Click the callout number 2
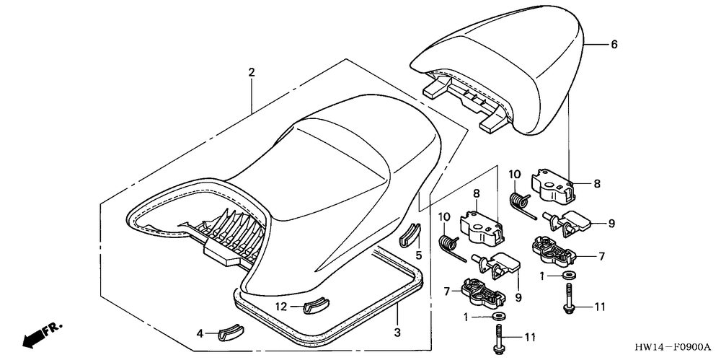coord(251,72)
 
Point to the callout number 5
coord(417,254)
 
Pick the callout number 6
coord(614,44)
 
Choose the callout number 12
coord(282,307)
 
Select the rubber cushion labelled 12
coord(314,306)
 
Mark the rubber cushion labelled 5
coord(408,235)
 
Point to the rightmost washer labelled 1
coord(569,276)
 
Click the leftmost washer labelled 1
coord(497,317)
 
